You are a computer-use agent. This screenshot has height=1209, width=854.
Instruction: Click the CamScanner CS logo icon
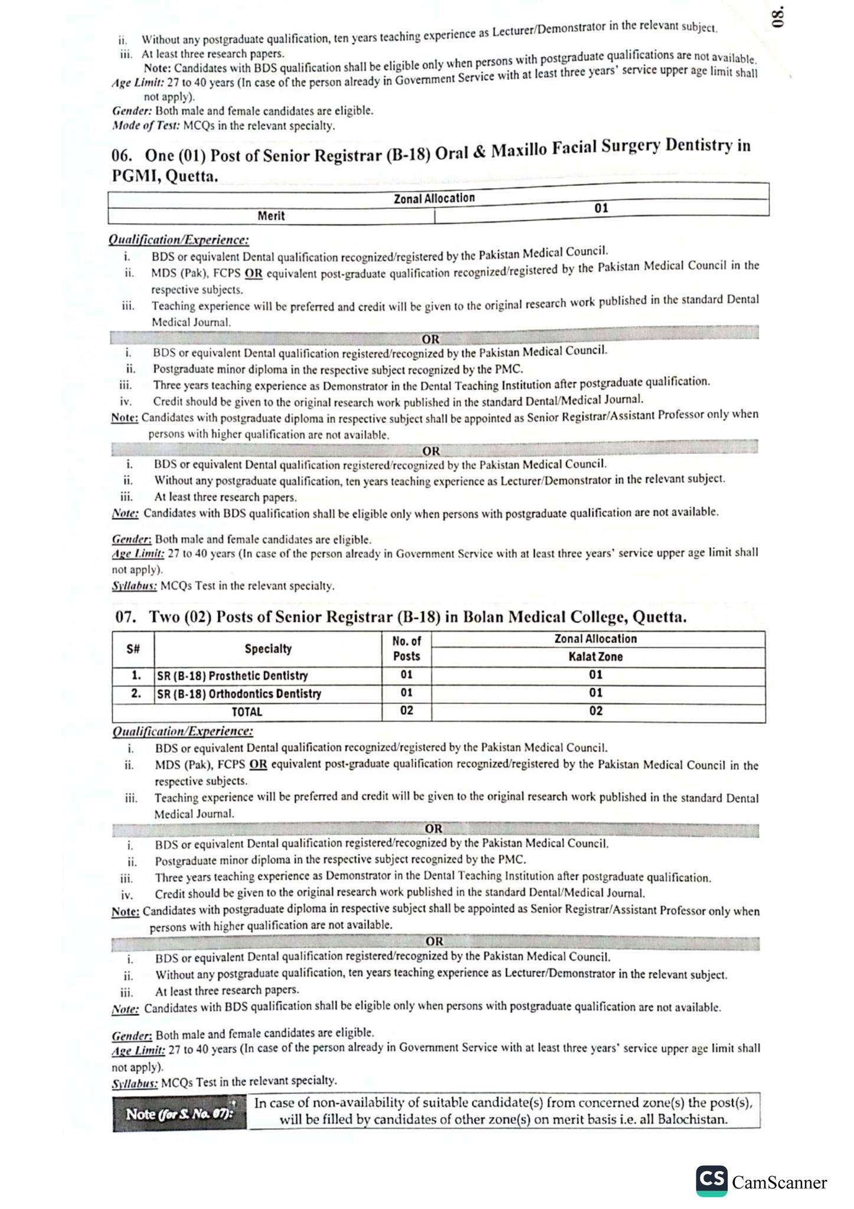tap(712, 1181)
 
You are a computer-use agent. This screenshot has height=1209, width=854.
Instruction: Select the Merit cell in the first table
tap(271, 216)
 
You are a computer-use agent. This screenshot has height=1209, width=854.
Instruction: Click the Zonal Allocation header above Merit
tap(434, 198)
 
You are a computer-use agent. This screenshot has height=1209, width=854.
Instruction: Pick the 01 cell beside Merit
tap(601, 208)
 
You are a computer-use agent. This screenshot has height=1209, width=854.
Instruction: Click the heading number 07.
tap(126, 617)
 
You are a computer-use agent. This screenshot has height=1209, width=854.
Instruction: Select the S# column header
tap(133, 649)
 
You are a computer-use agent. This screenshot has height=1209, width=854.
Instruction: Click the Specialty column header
tap(268, 649)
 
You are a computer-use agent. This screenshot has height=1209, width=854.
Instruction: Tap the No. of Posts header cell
tap(407, 648)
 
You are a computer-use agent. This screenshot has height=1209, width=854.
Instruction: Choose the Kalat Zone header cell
tap(595, 657)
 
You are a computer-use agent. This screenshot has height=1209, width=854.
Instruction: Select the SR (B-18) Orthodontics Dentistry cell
tap(239, 694)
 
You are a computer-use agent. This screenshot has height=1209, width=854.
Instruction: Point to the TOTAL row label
tap(247, 712)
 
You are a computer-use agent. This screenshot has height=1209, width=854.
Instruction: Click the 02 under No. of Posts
tap(407, 711)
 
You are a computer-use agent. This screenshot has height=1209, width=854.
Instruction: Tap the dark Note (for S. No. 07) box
tap(179, 1114)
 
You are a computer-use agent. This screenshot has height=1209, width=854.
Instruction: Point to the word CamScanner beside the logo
tap(779, 1183)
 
